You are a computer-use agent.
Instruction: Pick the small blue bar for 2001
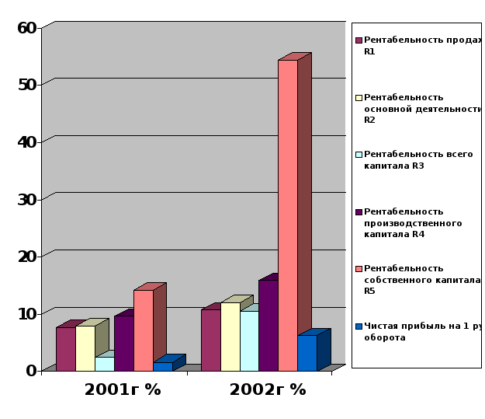(x=163, y=366)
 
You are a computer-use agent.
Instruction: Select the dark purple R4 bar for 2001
(x=123, y=342)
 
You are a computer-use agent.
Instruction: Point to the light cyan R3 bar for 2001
(x=104, y=363)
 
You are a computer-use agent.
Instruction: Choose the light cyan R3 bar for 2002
(x=249, y=340)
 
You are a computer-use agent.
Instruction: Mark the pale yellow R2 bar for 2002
(x=230, y=336)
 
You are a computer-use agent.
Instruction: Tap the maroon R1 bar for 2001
(x=66, y=348)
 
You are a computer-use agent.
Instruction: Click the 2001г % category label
(x=123, y=389)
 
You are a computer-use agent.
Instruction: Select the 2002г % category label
(x=268, y=389)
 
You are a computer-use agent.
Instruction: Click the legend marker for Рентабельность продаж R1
(x=359, y=40)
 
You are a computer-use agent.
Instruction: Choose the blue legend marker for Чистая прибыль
(x=359, y=326)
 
